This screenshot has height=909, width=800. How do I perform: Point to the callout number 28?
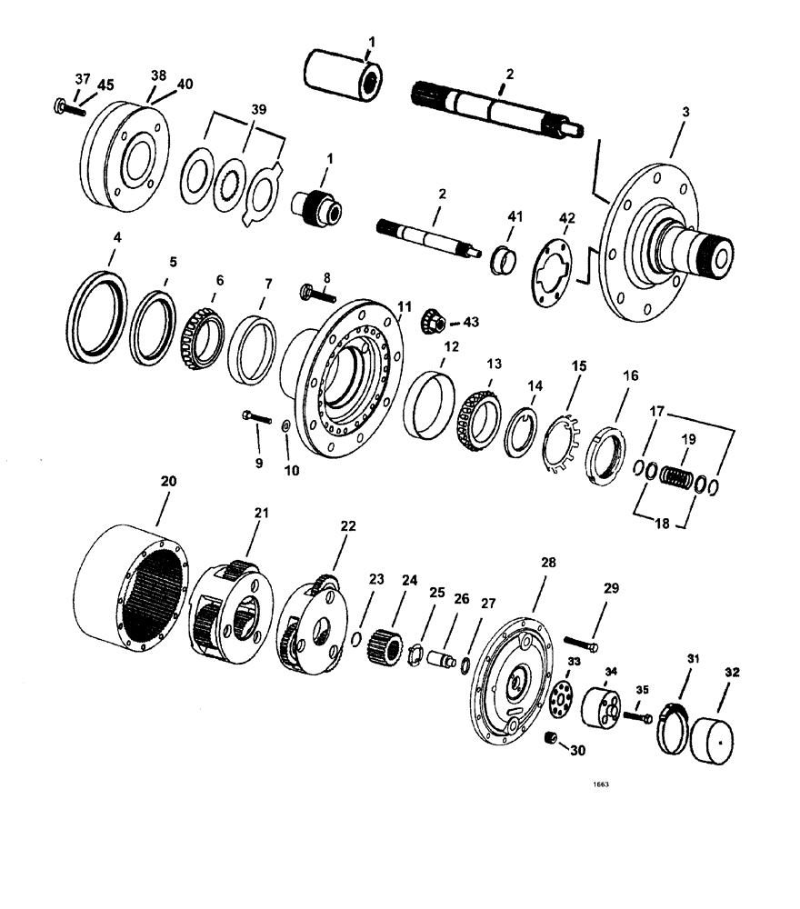(x=547, y=564)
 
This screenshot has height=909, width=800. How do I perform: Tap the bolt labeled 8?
(x=315, y=294)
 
